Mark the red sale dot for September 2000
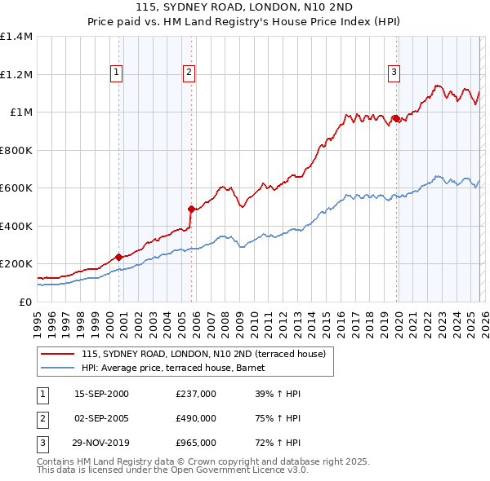pos(119,256)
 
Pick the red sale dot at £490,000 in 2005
pos(191,208)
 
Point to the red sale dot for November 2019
pos(396,118)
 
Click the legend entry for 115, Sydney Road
pos(203,354)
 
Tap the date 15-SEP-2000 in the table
pos(101,394)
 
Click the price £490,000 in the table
pos(196,418)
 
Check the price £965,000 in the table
pos(196,443)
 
